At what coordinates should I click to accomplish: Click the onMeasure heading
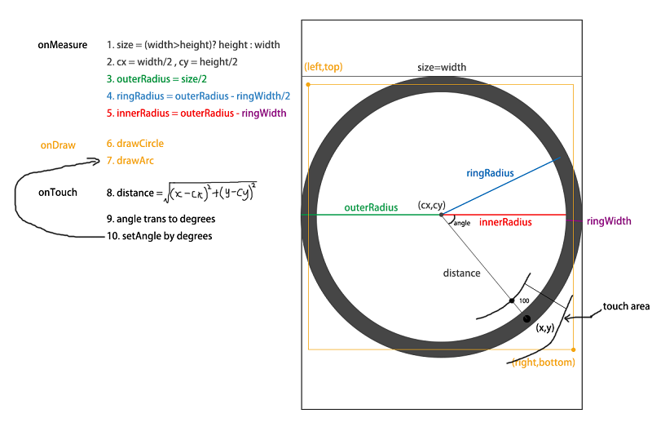point(63,45)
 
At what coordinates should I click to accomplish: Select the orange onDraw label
point(58,145)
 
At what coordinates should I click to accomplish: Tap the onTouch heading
point(58,193)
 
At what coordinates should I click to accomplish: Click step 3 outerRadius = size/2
point(156,79)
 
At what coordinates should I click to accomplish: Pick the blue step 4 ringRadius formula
point(198,96)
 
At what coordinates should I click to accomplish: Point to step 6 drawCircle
point(135,144)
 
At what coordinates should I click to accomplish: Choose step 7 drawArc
point(130,161)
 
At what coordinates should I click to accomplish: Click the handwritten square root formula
point(210,193)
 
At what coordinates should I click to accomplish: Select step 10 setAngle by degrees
point(160,236)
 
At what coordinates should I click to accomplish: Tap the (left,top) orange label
point(324,67)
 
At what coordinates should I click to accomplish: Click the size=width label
point(442,68)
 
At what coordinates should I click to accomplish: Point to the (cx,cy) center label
point(432,205)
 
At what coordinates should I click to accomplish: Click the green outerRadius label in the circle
point(371,207)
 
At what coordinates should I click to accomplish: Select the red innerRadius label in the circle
point(505,222)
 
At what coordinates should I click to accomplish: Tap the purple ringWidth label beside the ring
point(609,221)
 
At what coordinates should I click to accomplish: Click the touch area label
point(626,306)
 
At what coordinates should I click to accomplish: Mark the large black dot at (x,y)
point(526,319)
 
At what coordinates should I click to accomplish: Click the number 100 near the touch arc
point(524,300)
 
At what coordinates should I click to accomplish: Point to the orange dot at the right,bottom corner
point(574,349)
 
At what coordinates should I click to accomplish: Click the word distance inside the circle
point(461,274)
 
